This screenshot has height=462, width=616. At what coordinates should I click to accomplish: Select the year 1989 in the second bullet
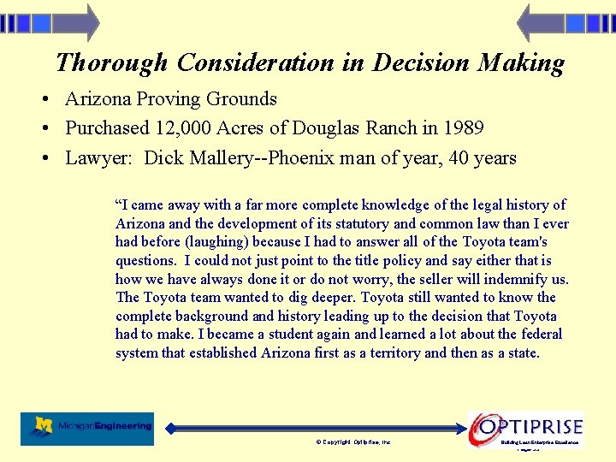tap(464, 128)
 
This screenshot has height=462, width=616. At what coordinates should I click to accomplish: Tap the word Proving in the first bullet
tap(169, 99)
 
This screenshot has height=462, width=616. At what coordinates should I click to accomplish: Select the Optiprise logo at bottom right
tap(526, 427)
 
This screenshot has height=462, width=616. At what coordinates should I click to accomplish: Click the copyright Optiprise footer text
tap(353, 442)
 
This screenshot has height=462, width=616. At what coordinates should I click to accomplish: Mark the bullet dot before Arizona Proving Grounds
tap(44, 100)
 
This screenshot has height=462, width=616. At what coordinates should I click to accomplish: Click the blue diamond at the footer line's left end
tap(170, 428)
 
